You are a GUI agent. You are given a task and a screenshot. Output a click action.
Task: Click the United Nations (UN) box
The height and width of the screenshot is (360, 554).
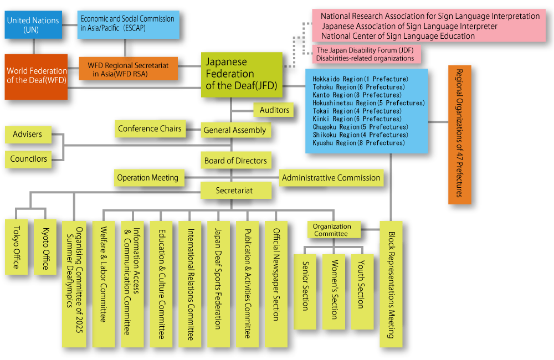point(33,25)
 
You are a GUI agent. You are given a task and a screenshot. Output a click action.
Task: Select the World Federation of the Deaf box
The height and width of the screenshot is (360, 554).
point(36,76)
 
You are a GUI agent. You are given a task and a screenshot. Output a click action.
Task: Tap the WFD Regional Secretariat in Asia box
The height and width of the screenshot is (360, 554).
point(129,69)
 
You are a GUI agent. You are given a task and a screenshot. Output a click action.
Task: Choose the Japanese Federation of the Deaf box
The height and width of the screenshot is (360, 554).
point(241,74)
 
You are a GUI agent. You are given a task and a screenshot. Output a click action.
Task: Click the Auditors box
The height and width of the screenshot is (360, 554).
point(274,110)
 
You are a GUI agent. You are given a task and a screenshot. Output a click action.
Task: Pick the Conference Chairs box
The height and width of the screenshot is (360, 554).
point(150,128)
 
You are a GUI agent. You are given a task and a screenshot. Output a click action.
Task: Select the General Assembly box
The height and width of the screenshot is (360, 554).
point(235,130)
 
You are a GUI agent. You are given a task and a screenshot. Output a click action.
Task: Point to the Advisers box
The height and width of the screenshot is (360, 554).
point(28,135)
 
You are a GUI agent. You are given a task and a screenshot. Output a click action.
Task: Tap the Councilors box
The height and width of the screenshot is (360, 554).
point(29,159)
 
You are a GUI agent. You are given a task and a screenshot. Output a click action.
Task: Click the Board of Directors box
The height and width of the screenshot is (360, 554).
point(235,161)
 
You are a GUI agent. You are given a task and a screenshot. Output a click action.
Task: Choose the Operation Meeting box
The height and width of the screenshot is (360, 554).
point(147,178)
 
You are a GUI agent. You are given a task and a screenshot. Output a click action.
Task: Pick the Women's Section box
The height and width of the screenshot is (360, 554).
point(334,291)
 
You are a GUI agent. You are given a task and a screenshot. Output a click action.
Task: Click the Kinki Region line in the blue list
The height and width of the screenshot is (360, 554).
point(357,119)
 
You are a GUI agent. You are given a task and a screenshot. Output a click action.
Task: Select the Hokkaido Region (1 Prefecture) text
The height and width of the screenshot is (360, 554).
point(360,79)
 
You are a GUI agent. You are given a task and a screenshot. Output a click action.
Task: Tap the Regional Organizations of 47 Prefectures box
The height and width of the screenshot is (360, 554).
point(459,134)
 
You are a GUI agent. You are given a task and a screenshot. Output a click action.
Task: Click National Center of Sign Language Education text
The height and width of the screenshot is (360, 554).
point(398,36)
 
